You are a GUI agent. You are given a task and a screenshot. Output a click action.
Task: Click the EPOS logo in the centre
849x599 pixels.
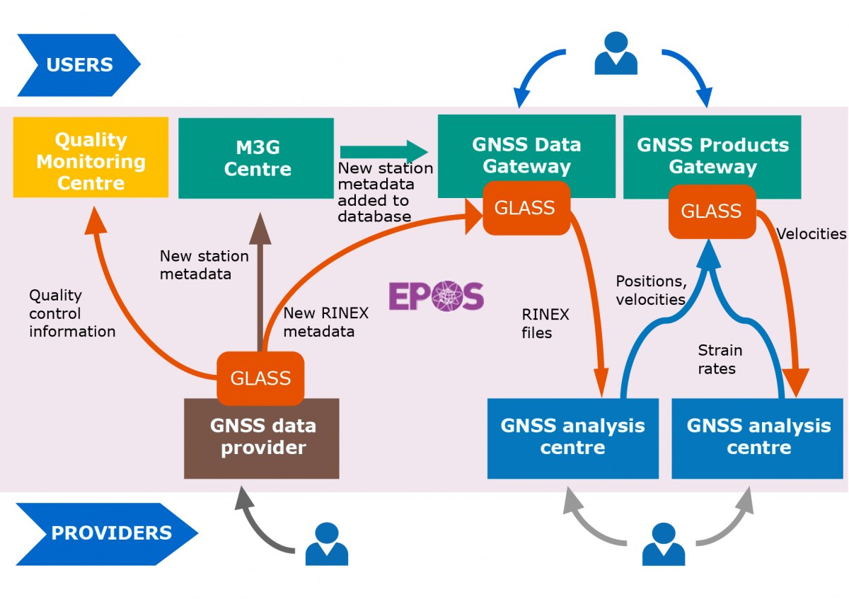point(436,296)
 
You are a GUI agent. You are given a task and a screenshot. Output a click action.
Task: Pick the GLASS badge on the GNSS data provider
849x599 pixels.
point(260,378)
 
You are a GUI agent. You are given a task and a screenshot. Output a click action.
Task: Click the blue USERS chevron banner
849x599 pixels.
point(78,65)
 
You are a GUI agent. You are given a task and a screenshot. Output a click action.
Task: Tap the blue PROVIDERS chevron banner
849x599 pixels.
point(106,533)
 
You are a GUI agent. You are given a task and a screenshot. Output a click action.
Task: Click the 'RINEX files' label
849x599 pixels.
point(545,322)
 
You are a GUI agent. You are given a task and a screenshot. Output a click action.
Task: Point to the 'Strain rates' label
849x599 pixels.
point(720,359)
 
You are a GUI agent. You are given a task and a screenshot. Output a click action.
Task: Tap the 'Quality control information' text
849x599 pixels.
point(72,313)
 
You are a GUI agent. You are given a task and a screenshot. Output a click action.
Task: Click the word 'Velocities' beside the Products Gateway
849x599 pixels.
point(811,234)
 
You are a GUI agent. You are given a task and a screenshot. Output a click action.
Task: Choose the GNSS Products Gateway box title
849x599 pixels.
point(712,156)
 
